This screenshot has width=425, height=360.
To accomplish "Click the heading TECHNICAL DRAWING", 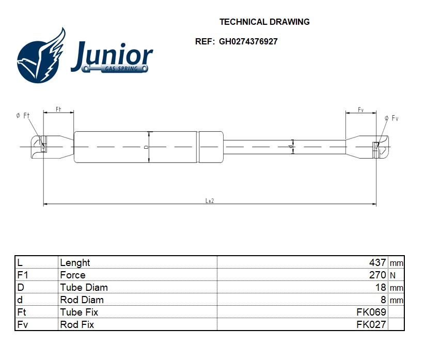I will click(264, 22).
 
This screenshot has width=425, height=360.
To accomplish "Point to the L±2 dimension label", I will click(210, 200).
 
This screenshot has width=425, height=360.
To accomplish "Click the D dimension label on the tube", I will click(146, 147).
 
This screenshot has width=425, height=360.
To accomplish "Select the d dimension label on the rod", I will click(291, 147).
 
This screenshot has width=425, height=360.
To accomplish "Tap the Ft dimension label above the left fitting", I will click(58, 109).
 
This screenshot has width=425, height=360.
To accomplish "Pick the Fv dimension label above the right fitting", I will click(360, 110).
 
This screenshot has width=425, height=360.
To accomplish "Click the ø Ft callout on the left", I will click(22, 116).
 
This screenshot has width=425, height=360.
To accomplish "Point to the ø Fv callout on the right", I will click(392, 118).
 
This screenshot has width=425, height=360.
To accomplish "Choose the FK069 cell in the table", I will click(371, 312).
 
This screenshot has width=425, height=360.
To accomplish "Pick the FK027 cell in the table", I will click(371, 325).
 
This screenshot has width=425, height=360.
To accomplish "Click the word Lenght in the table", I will click(75, 263).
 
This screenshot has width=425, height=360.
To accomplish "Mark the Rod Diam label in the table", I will click(82, 300).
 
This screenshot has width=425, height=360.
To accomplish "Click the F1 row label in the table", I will click(22, 275).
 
